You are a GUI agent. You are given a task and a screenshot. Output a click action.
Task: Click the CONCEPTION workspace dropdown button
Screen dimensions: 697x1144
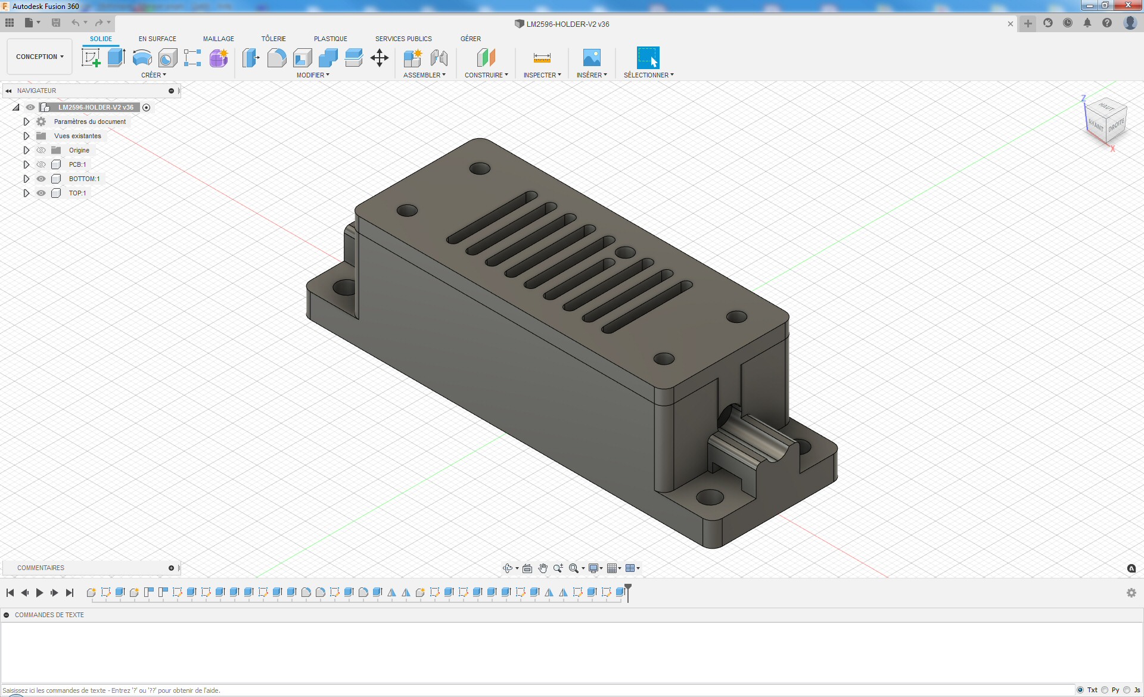tap(39, 57)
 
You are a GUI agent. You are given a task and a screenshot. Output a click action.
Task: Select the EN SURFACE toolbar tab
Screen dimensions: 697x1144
tap(157, 39)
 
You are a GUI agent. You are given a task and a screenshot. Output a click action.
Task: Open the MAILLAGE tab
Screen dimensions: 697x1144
tap(218, 39)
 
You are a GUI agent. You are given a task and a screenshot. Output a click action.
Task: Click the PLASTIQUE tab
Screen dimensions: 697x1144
tap(330, 39)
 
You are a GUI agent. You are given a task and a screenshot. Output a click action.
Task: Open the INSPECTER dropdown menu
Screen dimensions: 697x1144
tap(542, 75)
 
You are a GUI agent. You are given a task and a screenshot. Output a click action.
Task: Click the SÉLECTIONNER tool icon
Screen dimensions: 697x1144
tap(648, 58)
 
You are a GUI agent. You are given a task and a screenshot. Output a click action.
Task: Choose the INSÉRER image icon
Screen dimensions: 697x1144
tap(591, 58)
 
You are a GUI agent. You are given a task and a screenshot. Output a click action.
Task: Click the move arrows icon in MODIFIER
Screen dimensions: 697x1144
tap(379, 58)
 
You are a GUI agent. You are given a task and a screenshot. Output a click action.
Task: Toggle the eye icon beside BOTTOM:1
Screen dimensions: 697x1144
tap(41, 179)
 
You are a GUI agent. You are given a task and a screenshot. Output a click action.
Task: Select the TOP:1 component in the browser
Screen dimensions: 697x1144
tap(77, 193)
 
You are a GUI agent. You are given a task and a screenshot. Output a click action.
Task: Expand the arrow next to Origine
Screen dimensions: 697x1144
tap(26, 150)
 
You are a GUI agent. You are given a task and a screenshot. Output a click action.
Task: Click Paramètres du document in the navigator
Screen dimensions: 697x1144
tap(89, 122)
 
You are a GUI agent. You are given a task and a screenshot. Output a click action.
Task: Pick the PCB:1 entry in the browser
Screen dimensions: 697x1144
tap(77, 164)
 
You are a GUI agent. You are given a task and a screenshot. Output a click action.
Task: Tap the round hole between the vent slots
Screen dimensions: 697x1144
tap(625, 253)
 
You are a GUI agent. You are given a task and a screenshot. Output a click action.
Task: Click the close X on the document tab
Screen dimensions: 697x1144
tap(1010, 24)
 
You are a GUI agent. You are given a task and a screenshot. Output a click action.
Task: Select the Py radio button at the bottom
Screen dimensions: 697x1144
tap(1105, 690)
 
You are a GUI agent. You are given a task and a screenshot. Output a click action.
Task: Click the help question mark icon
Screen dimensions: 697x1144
tap(1106, 23)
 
